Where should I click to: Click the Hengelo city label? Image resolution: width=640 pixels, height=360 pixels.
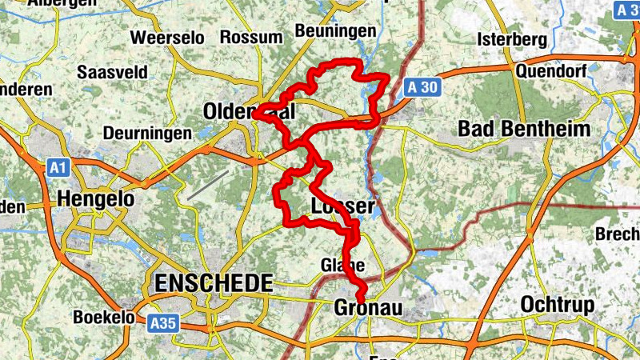95,198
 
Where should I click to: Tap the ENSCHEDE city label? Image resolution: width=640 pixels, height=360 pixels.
213,282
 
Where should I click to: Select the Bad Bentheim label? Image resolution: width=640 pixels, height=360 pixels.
524,128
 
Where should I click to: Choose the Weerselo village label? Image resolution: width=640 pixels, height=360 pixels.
167,38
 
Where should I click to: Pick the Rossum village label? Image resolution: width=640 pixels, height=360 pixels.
252,38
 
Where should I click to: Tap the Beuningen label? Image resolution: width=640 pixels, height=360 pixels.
335,30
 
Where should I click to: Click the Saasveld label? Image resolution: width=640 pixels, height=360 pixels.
112,72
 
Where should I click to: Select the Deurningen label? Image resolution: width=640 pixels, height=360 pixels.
148,133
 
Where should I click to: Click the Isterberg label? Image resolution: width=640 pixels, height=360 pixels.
511,38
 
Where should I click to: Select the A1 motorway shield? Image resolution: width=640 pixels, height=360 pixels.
56,168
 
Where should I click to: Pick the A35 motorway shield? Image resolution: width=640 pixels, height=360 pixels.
162,323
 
